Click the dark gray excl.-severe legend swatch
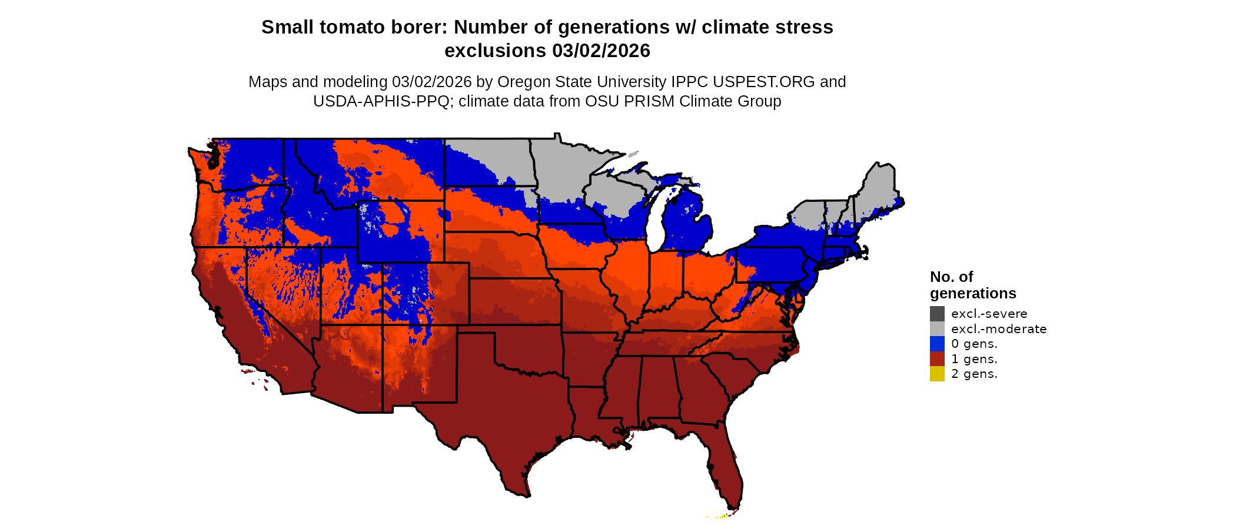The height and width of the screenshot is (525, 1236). (x=937, y=314)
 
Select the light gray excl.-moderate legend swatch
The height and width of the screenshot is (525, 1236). (x=937, y=328)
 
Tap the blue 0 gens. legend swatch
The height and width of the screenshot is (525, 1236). (x=937, y=344)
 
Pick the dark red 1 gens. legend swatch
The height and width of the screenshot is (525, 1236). (x=937, y=359)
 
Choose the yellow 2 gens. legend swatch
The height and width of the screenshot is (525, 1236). (x=937, y=374)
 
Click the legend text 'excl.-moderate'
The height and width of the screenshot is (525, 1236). (x=999, y=329)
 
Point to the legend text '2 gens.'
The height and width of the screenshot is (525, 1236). (x=974, y=374)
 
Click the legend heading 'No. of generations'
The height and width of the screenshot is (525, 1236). (x=972, y=285)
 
